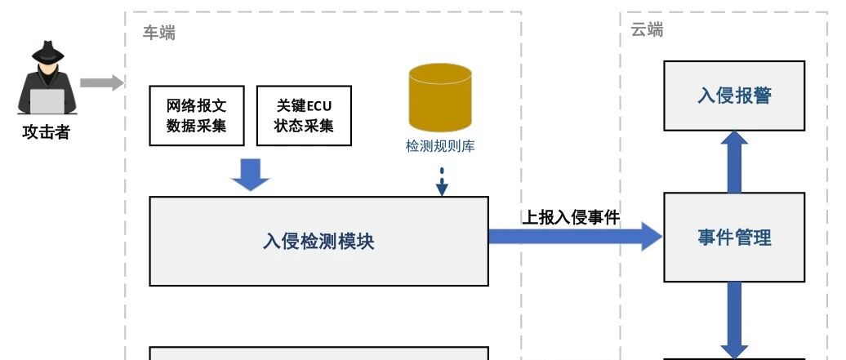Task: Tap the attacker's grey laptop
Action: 47,101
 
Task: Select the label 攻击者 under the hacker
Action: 47,132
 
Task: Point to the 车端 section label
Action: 159,33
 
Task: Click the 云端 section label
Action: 648,29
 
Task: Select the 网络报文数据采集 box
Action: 196,115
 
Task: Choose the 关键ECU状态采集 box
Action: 304,115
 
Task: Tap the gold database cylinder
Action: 440,98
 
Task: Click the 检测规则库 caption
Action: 440,146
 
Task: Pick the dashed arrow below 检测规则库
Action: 442,181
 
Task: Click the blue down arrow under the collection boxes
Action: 251,175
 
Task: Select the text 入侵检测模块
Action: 318,242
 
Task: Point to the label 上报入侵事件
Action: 571,217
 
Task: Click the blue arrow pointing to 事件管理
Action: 575,236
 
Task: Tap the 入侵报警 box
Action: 734,96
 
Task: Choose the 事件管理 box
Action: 734,237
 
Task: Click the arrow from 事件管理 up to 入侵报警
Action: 734,162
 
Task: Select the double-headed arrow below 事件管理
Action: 734,320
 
